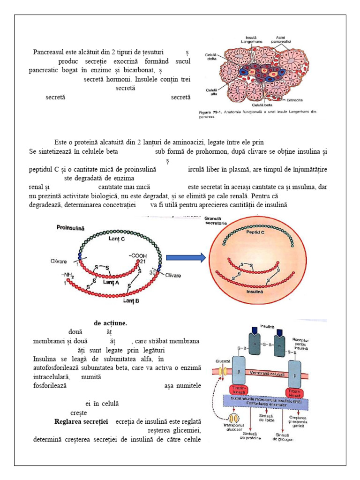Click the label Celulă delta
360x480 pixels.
(210, 57)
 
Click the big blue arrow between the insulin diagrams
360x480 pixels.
(186, 257)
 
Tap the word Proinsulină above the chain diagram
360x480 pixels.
(70, 227)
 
